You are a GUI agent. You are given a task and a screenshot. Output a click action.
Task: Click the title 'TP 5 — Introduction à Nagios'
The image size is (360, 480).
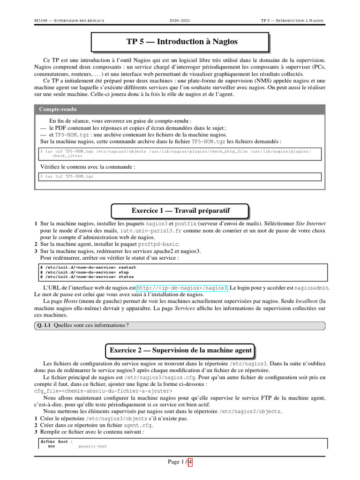pos(182,42)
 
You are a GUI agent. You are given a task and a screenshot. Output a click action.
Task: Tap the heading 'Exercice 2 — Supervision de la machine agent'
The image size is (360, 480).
pos(180,350)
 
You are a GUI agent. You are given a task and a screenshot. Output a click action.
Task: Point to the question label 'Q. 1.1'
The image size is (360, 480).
pos(44,325)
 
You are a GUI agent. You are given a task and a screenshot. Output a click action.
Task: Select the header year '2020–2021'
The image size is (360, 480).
pos(180,21)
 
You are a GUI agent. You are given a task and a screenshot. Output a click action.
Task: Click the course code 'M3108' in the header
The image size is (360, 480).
pos(43,21)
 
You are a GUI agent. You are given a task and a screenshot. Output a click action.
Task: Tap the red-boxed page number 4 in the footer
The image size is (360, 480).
pos(190,462)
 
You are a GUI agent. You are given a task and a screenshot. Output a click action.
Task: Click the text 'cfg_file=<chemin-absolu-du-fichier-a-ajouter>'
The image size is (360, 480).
pos(103,390)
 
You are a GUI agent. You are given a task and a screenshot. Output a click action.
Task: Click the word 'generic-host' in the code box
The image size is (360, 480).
pos(92,447)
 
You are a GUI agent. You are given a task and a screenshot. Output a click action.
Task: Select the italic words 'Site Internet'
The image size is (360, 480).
pos(311,224)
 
